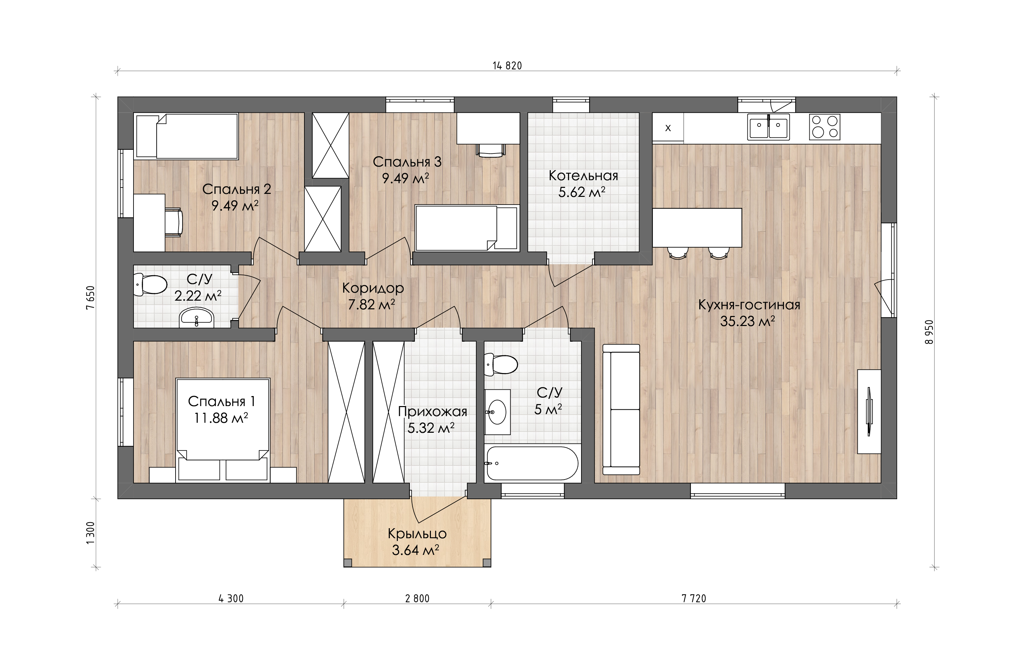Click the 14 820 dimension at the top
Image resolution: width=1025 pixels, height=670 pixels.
tap(507, 66)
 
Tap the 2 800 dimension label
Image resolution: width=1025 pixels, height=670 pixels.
tap(417, 599)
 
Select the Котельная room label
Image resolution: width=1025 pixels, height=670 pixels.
tap(583, 176)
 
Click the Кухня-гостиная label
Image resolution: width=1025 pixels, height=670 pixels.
tap(749, 305)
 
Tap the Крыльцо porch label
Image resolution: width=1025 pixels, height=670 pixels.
tap(417, 534)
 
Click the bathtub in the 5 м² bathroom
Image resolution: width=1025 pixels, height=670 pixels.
tap(533, 463)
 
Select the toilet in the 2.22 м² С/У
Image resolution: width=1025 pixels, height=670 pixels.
tap(150, 285)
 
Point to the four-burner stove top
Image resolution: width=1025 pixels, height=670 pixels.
tap(824, 127)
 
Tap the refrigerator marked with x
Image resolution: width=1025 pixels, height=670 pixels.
tap(668, 127)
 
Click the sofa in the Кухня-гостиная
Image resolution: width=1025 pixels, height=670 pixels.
tap(621, 409)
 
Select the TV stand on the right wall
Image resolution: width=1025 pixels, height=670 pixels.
tap(869, 411)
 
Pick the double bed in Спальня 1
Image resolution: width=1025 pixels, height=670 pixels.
tap(223, 429)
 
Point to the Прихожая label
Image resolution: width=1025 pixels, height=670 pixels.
tap(432, 412)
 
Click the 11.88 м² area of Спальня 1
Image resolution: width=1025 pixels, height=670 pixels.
tap(221, 418)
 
